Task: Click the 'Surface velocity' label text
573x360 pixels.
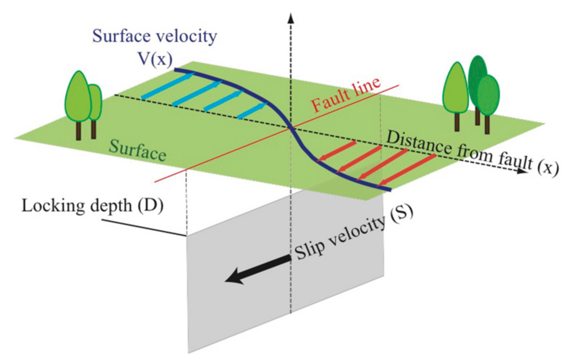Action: tap(155, 36)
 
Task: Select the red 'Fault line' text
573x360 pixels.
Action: tap(346, 95)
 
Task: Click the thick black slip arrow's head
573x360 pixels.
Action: tap(233, 278)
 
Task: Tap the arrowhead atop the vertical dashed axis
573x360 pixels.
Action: tap(291, 18)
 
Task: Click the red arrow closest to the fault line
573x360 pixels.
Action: tap(336, 150)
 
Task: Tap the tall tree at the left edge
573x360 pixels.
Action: tap(77, 97)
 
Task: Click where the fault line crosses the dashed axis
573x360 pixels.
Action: tap(291, 128)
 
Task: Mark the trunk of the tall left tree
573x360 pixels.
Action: tap(78, 130)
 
